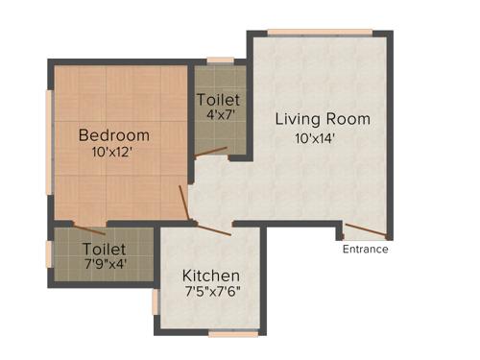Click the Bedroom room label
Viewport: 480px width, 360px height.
click(x=114, y=134)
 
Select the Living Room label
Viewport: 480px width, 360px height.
click(x=323, y=119)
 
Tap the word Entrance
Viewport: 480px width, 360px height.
click(x=366, y=250)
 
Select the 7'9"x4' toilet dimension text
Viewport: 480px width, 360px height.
click(x=104, y=262)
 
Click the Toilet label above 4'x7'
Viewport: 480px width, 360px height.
click(x=219, y=100)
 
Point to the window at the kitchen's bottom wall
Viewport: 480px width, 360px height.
click(x=233, y=334)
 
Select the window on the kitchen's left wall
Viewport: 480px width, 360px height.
click(x=155, y=301)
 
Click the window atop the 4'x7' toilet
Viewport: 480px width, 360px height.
click(x=220, y=61)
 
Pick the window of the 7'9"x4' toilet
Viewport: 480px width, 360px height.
click(x=50, y=254)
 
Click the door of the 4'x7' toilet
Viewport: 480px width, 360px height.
click(x=210, y=152)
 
